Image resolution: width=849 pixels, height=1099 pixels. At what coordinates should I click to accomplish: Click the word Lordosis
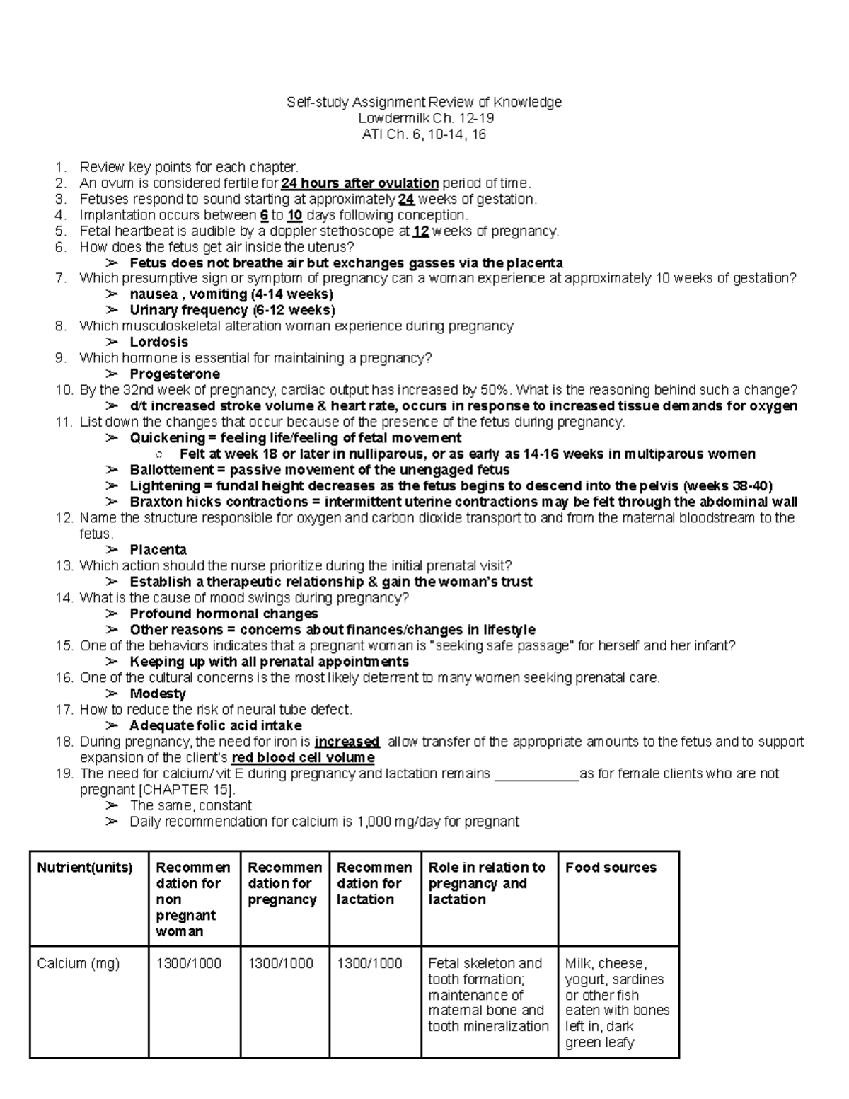pos(158,342)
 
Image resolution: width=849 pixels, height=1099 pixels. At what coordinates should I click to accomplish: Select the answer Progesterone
pos(175,374)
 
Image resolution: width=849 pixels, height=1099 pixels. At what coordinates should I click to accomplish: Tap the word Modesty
pos(158,694)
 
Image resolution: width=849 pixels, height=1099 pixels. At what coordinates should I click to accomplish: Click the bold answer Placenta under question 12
pos(158,550)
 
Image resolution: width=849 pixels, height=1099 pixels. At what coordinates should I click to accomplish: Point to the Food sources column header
pos(611,868)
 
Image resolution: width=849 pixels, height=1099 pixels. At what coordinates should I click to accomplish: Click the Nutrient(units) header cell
pos(85,868)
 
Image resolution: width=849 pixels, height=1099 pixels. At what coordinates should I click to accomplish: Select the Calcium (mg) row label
pos(79,963)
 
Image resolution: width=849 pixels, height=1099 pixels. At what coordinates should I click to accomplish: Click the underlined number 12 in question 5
pos(420,231)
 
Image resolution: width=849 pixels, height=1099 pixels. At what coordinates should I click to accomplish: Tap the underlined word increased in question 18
pos(347,742)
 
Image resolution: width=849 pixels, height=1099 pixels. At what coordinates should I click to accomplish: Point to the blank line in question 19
pos(536,774)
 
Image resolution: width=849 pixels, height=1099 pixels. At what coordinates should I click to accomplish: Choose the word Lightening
pos(165,486)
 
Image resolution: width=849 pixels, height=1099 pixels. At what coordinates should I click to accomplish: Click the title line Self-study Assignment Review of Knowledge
pos(424,102)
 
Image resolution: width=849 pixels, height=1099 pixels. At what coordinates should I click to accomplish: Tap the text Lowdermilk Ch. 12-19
pos(424,118)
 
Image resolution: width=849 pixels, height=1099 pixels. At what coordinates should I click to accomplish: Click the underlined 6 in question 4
pos(264,215)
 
